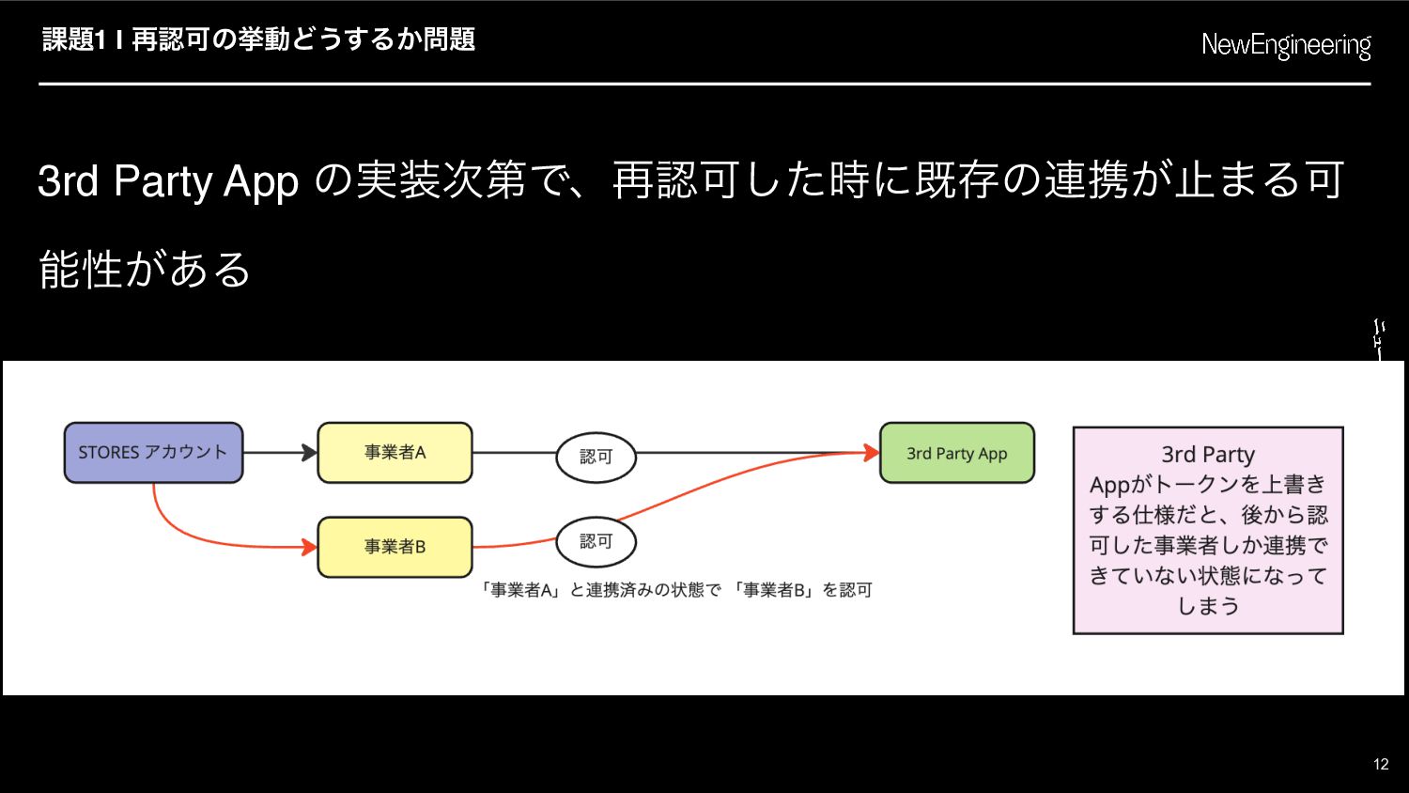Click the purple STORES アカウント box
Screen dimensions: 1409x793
(153, 453)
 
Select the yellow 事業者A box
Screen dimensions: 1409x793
(395, 453)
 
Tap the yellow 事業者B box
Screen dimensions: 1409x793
(395, 547)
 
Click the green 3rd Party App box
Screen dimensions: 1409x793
(957, 453)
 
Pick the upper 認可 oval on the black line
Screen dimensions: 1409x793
(596, 457)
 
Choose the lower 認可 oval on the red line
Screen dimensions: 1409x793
(596, 541)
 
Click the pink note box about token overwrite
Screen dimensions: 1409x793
(1208, 531)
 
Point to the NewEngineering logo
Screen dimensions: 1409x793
(1286, 45)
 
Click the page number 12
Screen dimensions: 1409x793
(1381, 764)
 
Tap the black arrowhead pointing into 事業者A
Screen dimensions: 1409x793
(309, 453)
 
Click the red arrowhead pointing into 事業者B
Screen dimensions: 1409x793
(309, 547)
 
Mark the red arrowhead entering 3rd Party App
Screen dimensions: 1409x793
(871, 453)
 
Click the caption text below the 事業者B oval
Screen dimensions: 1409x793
(675, 590)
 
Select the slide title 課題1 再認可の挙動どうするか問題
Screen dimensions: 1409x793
(258, 39)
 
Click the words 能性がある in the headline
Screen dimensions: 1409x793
(145, 270)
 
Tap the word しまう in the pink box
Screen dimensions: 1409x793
(1208, 606)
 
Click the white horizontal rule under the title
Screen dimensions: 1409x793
(704, 84)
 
